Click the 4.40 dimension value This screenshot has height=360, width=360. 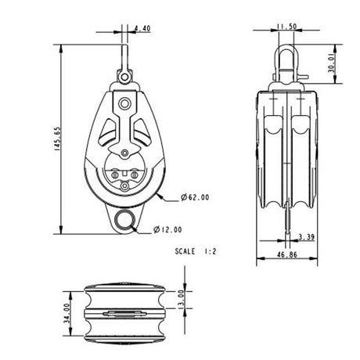click(143, 29)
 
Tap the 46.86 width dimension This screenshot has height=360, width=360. click(287, 254)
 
